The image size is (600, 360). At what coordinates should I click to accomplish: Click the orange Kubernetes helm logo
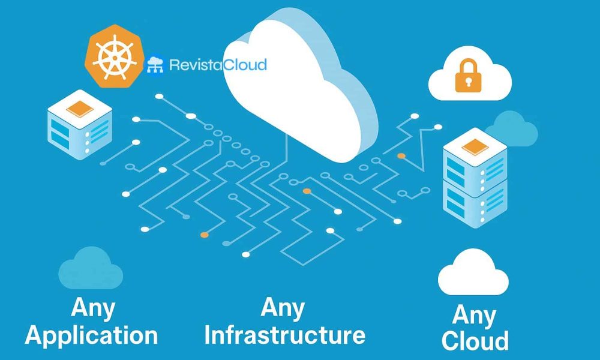(115, 56)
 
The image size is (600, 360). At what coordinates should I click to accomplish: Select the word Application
(91, 335)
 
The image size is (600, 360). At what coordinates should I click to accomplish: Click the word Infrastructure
(284, 335)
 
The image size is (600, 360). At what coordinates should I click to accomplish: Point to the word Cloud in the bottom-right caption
(475, 340)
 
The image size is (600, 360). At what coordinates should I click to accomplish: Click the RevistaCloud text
(218, 65)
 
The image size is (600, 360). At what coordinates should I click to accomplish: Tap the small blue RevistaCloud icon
(155, 65)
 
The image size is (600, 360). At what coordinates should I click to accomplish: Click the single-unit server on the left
(80, 125)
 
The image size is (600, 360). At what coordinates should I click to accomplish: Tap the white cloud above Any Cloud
(473, 272)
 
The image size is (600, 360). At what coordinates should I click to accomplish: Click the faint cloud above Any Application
(91, 268)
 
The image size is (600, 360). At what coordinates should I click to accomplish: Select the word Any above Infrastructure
(283, 308)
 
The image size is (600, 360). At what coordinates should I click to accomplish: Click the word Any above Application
(93, 308)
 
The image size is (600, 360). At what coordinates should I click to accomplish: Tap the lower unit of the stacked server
(475, 203)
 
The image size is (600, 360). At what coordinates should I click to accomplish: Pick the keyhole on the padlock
(468, 82)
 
